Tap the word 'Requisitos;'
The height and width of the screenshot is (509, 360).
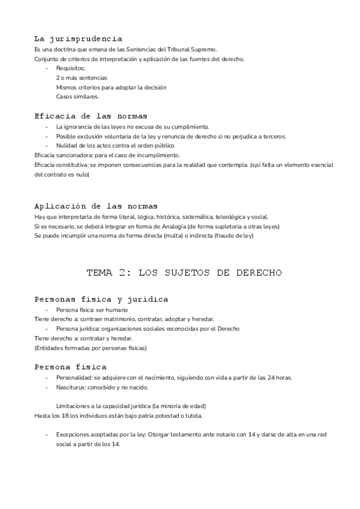71,68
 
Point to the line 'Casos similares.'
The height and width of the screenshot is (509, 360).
77,97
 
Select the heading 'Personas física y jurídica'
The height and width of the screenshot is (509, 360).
101,299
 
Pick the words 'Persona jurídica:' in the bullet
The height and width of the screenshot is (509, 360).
78,329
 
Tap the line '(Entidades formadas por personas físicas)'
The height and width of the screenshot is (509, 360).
91,348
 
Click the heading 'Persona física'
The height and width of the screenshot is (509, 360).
71,366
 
